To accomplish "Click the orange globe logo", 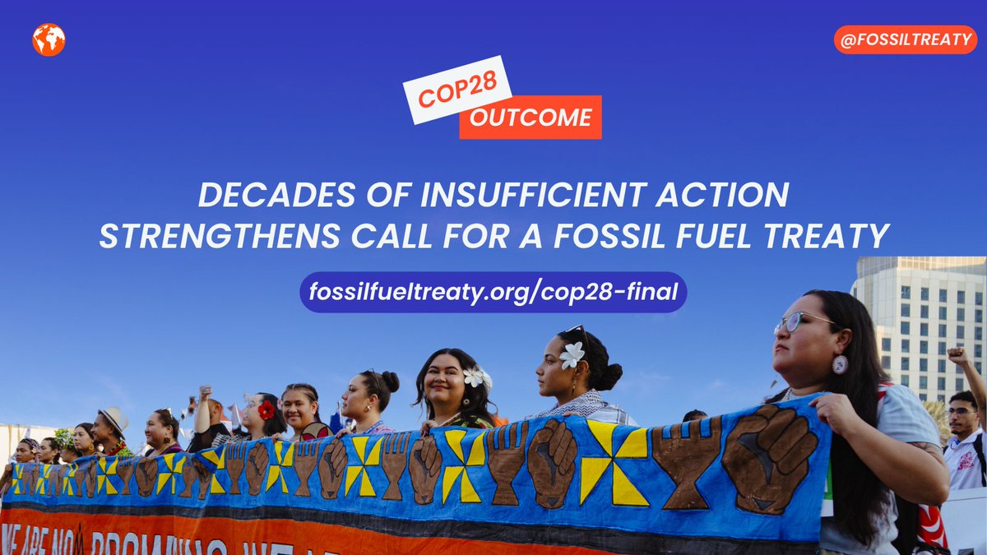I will (49, 39).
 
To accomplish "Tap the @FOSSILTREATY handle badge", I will (905, 39).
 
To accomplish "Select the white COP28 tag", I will (457, 94).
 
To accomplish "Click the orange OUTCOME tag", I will (531, 118).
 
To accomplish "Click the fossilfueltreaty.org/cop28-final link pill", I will (493, 292).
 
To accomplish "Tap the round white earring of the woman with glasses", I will (839, 364).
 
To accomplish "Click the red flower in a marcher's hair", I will (266, 409).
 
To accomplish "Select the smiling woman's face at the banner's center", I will (444, 385).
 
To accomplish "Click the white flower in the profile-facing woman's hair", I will (571, 354).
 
